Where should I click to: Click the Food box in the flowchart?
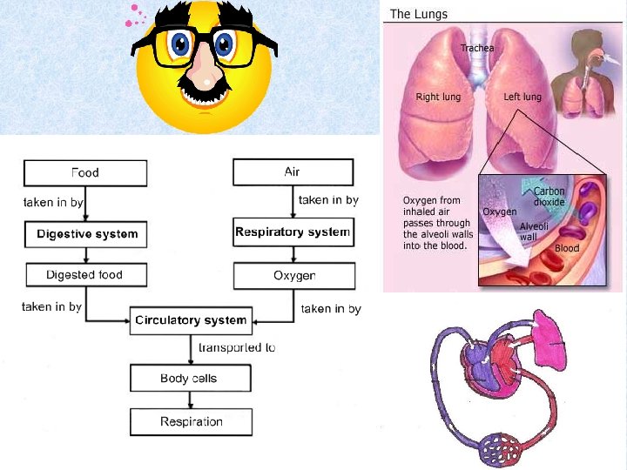84,172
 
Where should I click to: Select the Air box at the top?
293,172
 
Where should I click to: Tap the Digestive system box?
86,234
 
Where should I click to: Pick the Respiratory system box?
293,232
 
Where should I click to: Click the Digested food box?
84,275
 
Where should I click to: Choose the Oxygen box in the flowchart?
294,276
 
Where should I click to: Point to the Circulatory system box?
191,320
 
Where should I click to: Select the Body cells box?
189,379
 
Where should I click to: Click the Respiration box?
191,422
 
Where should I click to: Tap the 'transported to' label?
237,347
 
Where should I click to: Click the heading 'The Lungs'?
418,14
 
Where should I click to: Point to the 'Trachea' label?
476,48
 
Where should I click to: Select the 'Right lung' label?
438,97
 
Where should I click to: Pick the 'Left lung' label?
523,97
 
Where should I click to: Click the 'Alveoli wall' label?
534,232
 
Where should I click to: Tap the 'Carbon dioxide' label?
549,197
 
